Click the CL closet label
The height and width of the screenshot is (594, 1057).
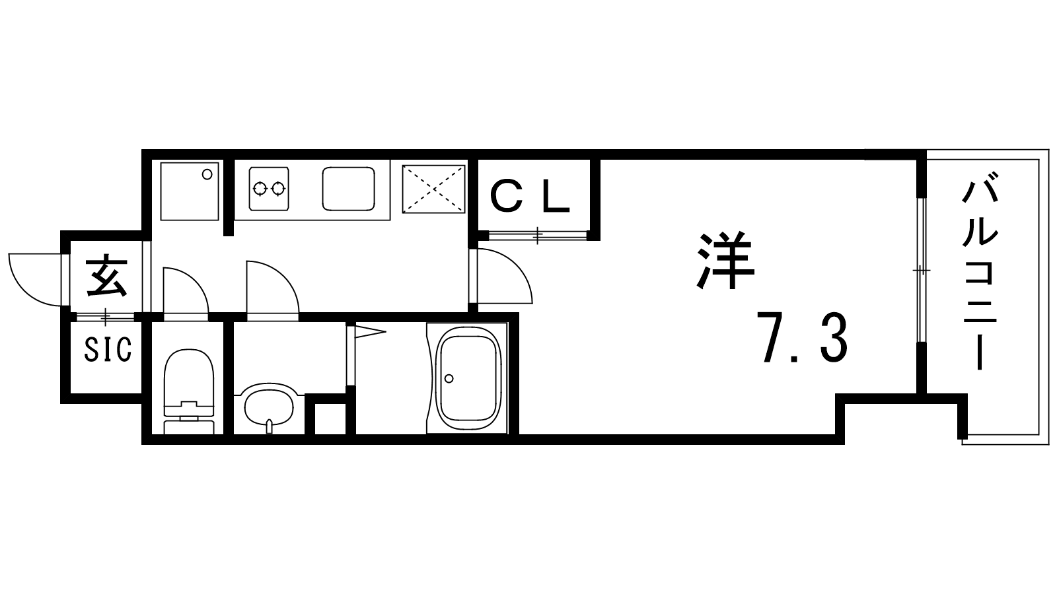click(530, 197)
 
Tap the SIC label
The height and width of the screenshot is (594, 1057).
click(108, 349)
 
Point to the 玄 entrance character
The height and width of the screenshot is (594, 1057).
click(106, 277)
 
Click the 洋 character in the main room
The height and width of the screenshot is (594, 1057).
click(726, 260)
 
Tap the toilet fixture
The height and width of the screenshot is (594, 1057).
click(189, 391)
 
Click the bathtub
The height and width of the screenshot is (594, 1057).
click(467, 378)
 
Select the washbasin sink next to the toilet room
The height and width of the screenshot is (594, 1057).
click(269, 409)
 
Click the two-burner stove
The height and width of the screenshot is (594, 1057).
click(269, 189)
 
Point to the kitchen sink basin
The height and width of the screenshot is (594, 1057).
click(349, 189)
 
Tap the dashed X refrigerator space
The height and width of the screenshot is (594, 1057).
click(433, 189)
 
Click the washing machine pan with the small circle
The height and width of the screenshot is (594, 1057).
click(190, 191)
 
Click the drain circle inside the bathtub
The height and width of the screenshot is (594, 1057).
click(449, 378)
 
